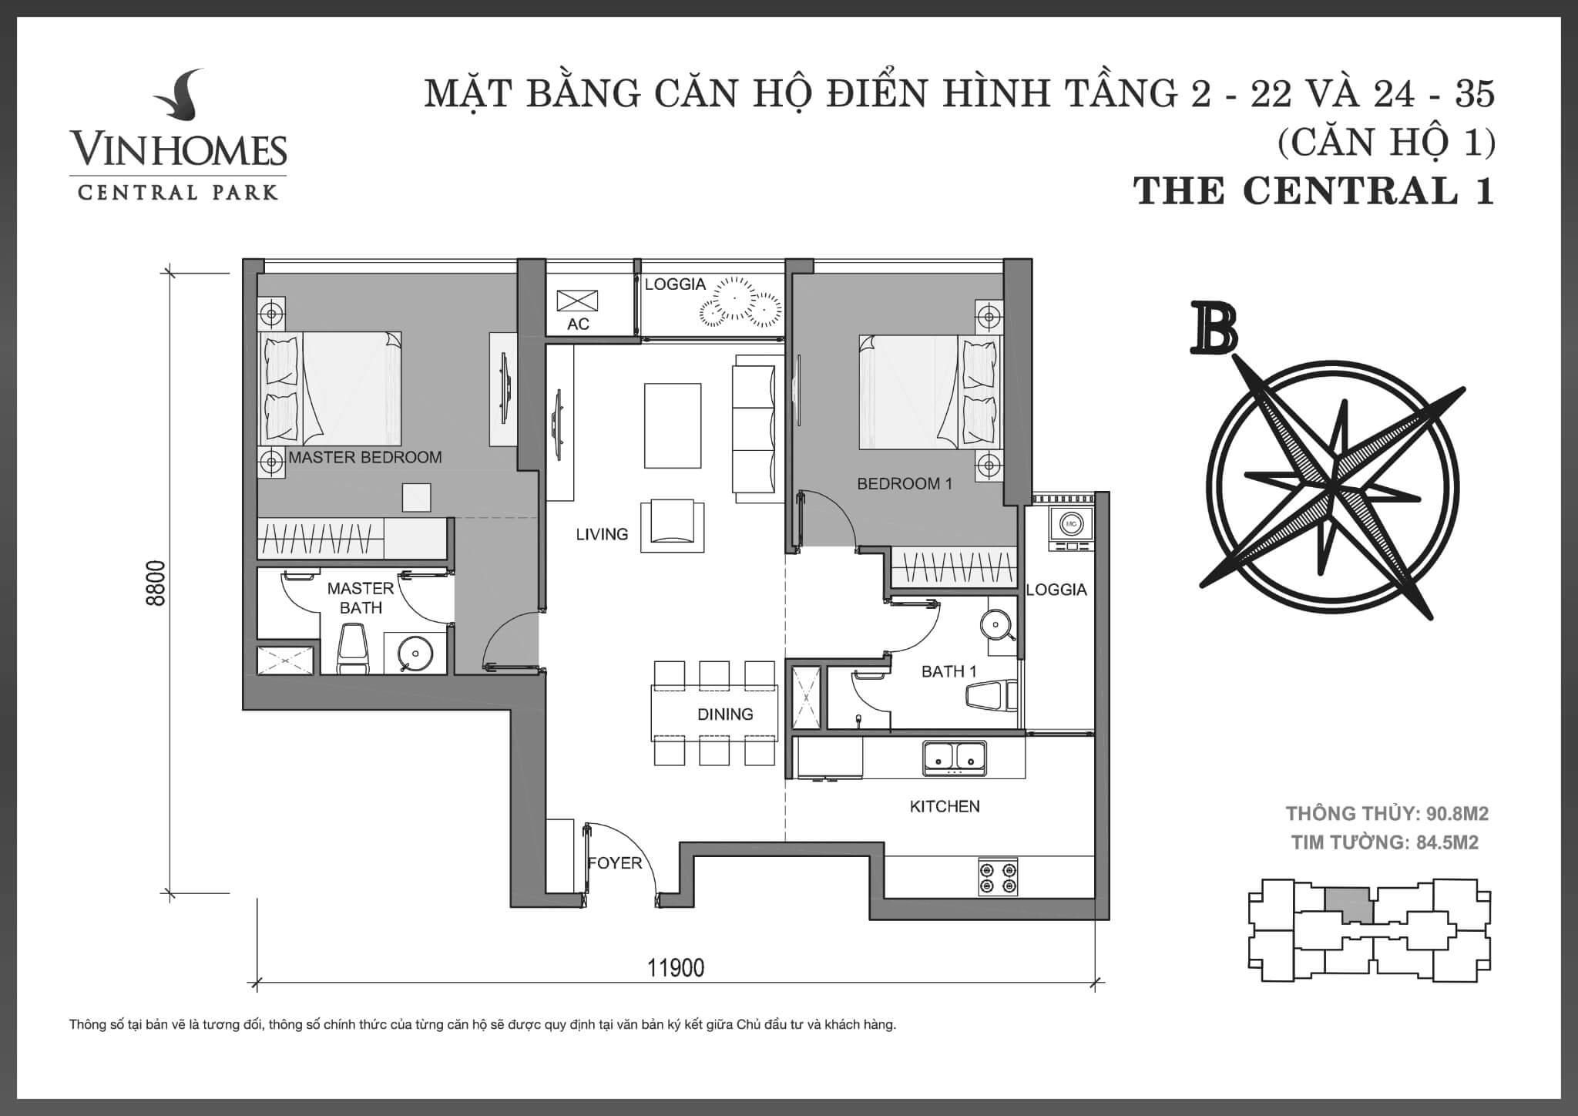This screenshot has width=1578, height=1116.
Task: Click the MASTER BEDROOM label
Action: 364,457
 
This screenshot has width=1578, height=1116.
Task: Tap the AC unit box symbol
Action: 577,300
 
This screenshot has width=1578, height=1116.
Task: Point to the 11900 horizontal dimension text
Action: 675,968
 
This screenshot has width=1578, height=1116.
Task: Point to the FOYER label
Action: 614,863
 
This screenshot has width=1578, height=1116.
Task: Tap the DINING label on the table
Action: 724,714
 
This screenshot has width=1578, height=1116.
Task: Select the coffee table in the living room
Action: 673,425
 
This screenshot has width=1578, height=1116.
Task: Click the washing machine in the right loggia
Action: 1070,525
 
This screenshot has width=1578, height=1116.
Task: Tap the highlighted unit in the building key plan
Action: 1348,905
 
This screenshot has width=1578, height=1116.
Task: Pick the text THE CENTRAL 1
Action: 1314,191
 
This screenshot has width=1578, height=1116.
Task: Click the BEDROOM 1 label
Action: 905,484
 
